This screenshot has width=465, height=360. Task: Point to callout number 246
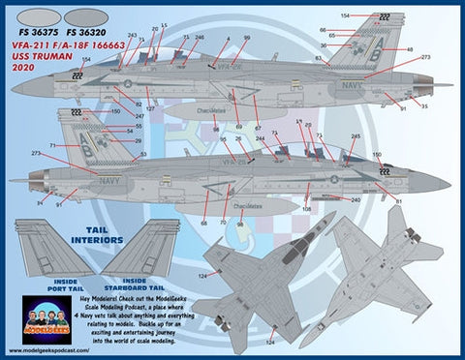(x=199, y=38)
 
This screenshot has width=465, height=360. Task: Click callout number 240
(x=356, y=199)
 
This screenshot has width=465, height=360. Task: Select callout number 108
(x=307, y=209)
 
